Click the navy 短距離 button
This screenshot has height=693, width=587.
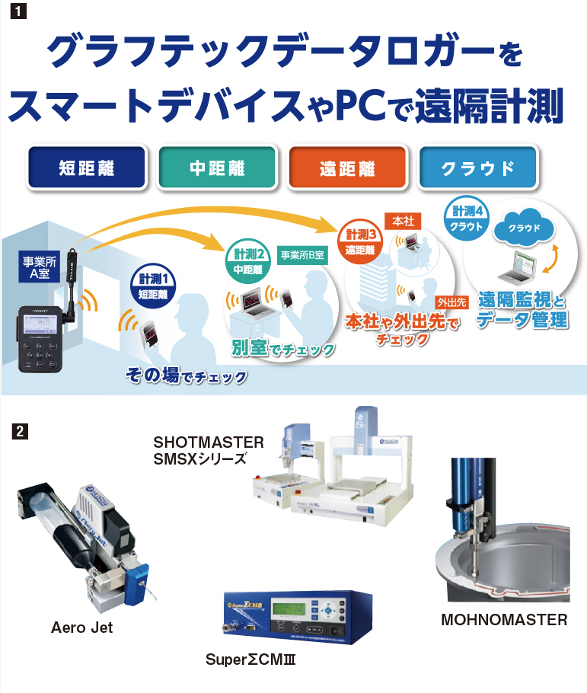point(86,168)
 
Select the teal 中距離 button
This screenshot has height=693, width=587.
point(216,168)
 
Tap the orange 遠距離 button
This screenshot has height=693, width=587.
point(346,168)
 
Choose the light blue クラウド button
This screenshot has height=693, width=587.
point(478,168)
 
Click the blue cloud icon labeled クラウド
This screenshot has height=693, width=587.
point(523,227)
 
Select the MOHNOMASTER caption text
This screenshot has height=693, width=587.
point(504,620)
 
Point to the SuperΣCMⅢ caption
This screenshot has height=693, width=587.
point(250,659)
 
